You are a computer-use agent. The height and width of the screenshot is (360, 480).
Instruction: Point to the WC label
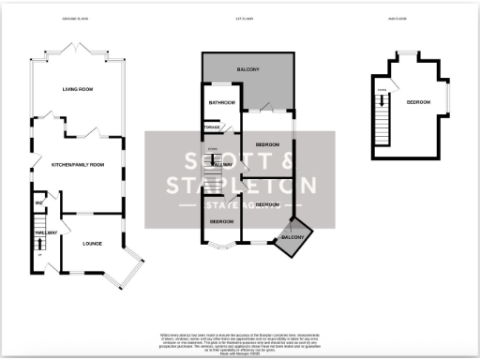click(39, 202)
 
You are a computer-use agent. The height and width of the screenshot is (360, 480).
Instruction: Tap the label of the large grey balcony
click(247, 70)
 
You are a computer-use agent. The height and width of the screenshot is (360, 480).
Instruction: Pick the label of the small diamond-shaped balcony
click(292, 239)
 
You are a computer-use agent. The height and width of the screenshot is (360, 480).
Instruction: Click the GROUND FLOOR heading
click(75, 19)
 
